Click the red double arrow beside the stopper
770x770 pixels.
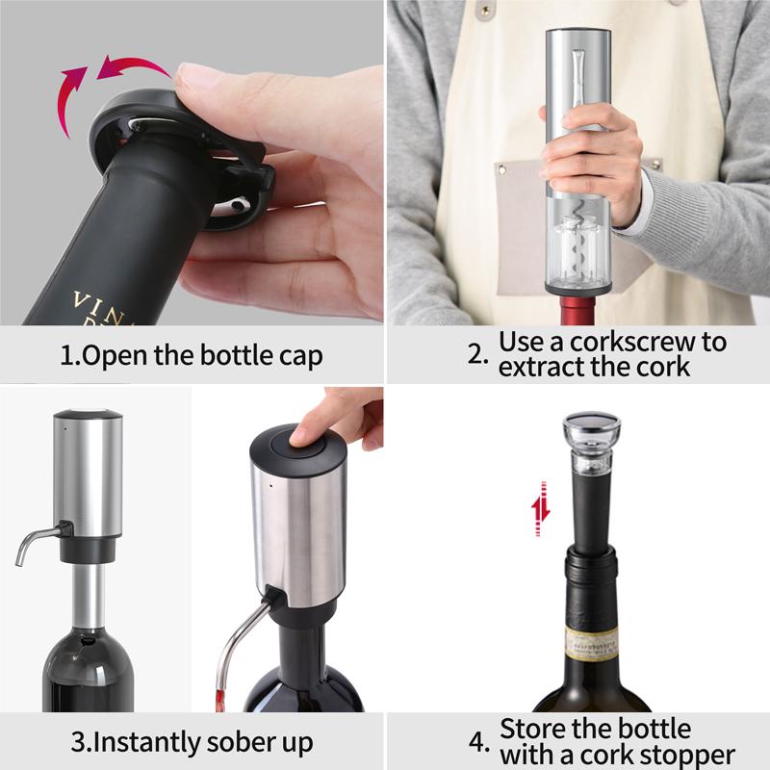coord(542,507)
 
